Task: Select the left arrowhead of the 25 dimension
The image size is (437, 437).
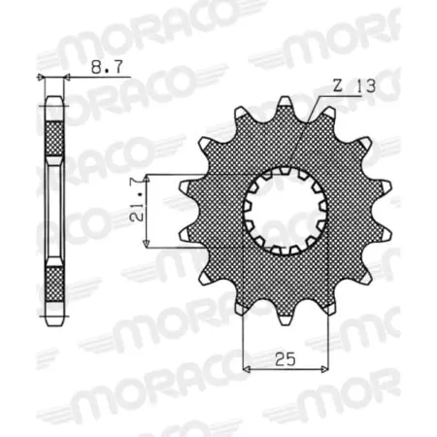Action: coord(247,368)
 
